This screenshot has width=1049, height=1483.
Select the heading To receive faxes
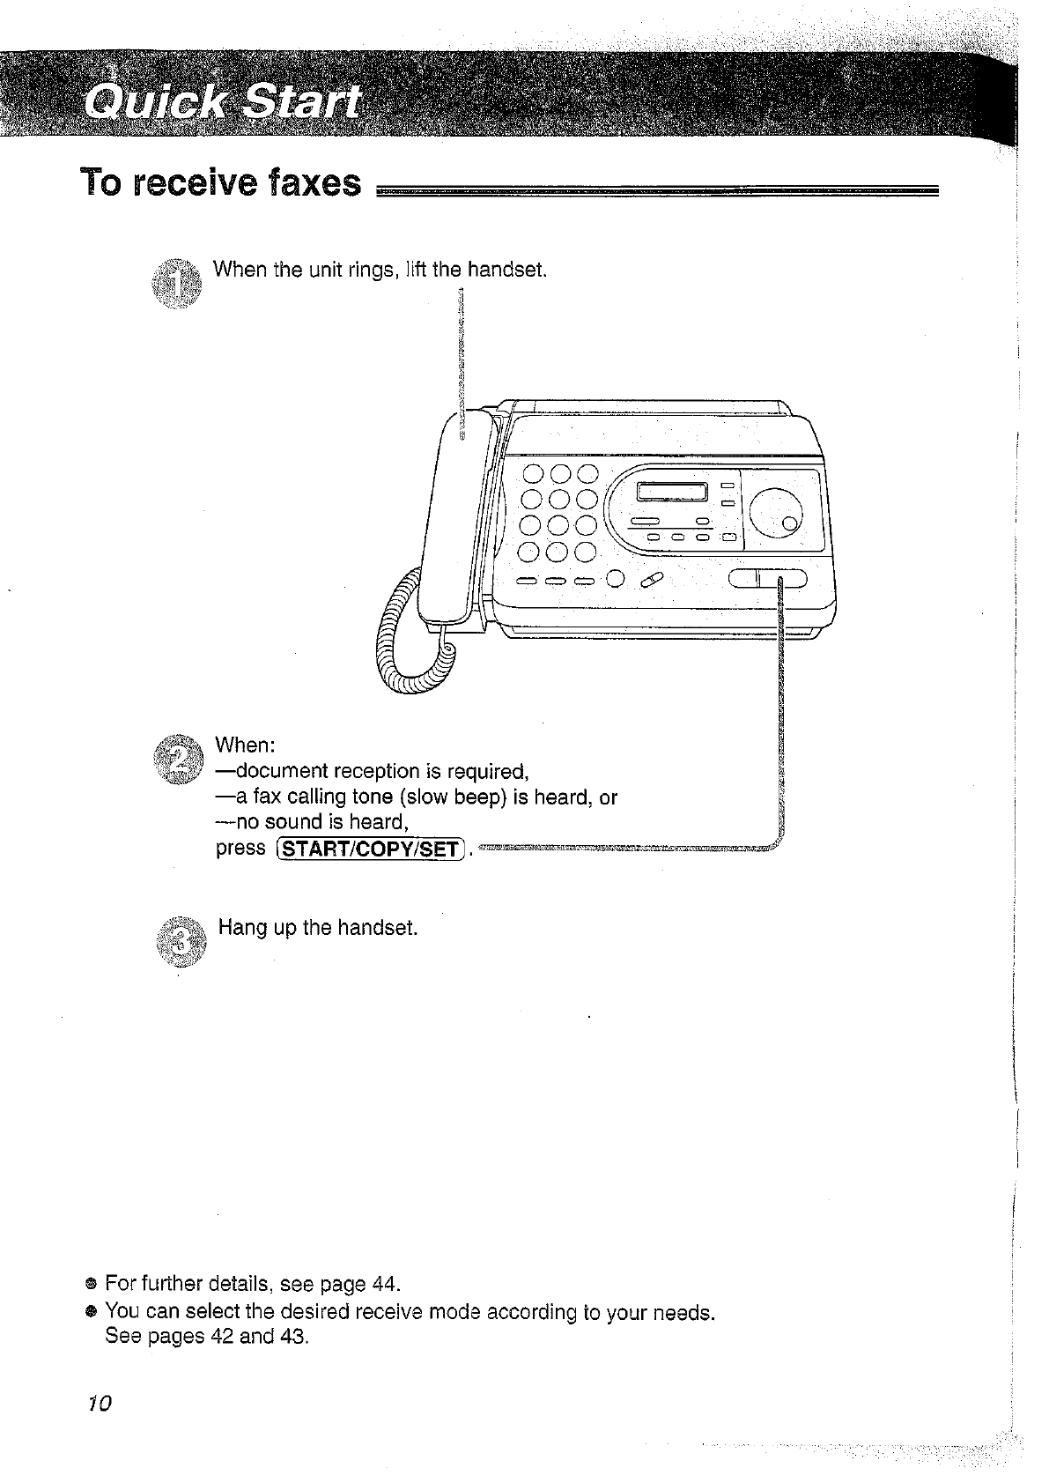click(x=221, y=182)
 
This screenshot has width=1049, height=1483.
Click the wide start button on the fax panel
click(x=768, y=579)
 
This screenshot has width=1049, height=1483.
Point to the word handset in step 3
click(x=377, y=928)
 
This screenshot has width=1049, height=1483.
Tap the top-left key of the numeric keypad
click(x=535, y=476)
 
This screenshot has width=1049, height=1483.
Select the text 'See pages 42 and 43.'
click(x=207, y=1336)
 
